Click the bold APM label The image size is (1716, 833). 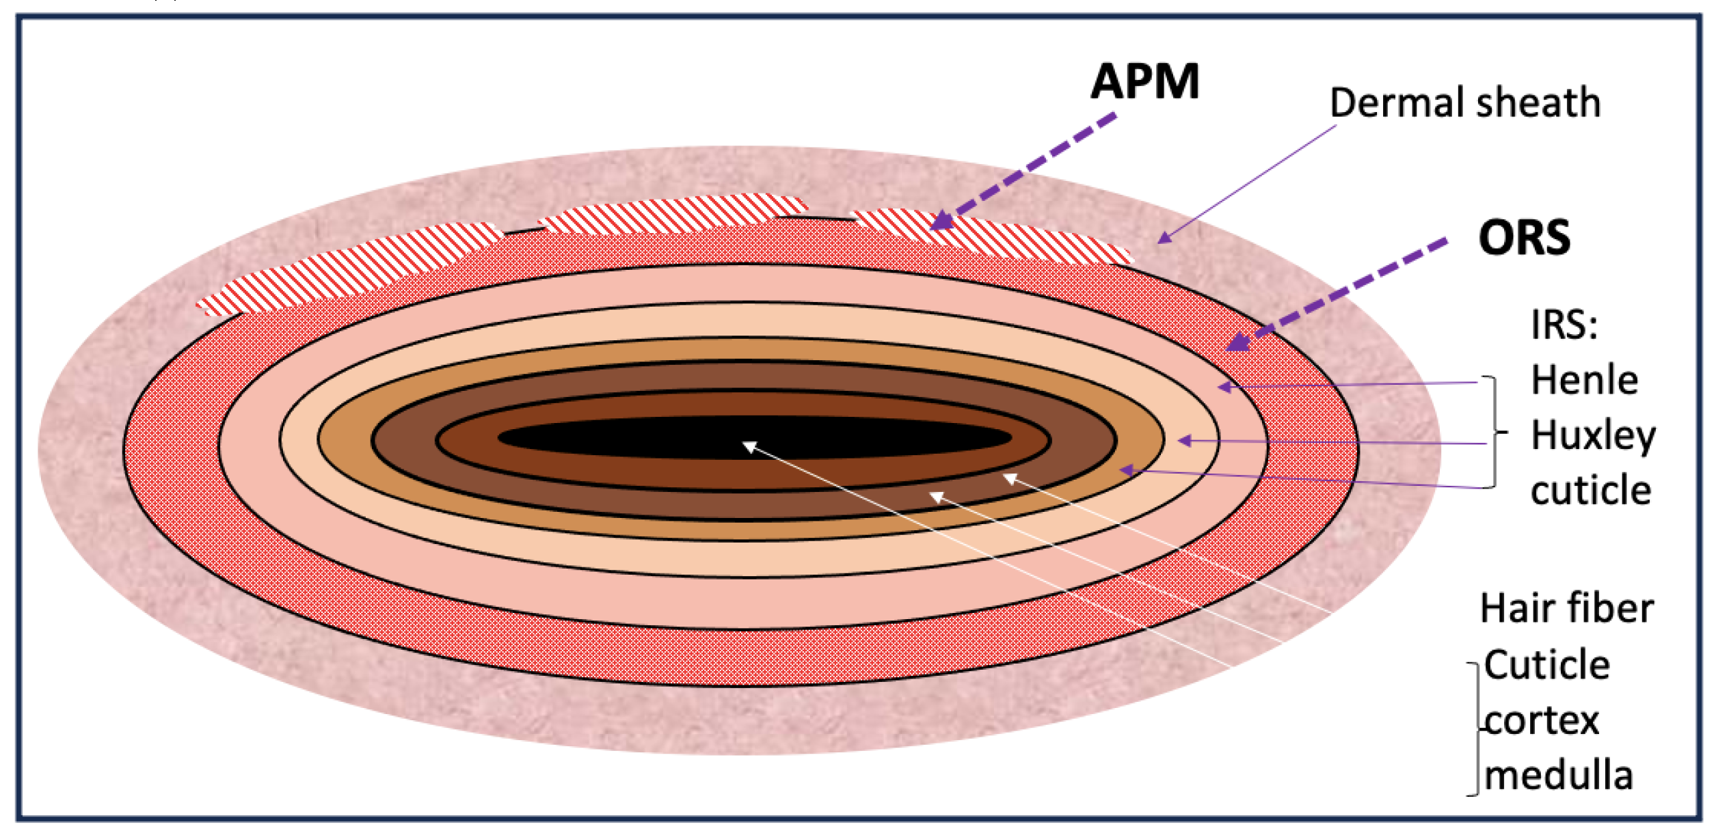1144,82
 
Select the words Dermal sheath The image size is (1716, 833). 1464,103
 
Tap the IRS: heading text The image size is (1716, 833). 1564,325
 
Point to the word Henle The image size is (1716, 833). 1584,380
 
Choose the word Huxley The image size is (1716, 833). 1593,436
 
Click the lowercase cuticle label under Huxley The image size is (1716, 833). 1590,491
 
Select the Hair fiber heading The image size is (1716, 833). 1566,608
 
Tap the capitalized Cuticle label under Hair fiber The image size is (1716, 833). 1546,665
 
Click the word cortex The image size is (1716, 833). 1542,721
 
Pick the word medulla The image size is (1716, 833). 1559,776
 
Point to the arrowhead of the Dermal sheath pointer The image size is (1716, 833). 1163,238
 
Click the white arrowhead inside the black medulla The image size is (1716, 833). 749,447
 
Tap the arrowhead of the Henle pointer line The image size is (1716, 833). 1224,387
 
